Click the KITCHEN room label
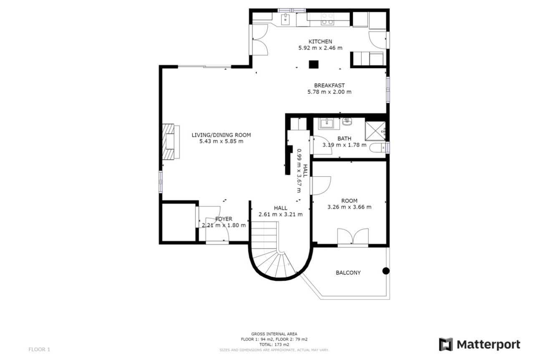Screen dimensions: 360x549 click(x=320, y=41)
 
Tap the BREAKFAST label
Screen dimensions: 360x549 click(x=329, y=86)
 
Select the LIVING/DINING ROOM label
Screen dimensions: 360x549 click(x=221, y=135)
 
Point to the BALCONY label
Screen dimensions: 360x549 click(x=348, y=273)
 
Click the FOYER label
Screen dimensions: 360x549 click(x=224, y=219)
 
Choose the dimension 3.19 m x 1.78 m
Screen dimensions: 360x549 click(x=344, y=145)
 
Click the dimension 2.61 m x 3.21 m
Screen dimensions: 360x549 click(x=280, y=214)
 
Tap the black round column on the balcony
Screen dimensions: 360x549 click(x=386, y=271)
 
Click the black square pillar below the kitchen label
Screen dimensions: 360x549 click(x=313, y=64)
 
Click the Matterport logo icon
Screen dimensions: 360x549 click(x=445, y=345)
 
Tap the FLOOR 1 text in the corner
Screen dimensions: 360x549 click(x=39, y=349)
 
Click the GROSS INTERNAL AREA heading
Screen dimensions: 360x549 click(x=274, y=334)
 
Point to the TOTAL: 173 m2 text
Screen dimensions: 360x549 click(x=274, y=345)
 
